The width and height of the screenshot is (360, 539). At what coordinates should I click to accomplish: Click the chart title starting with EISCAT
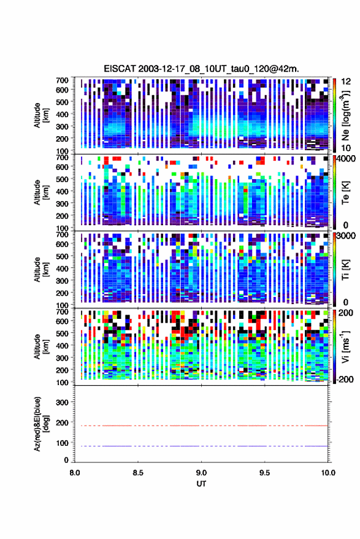click(x=202, y=69)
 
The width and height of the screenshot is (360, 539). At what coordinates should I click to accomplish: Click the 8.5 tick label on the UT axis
click(x=138, y=473)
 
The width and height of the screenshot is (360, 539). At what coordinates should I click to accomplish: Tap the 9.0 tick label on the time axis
click(x=202, y=473)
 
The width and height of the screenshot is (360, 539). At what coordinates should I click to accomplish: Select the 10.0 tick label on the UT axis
click(x=328, y=473)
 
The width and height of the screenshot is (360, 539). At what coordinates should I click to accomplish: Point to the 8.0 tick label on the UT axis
click(x=75, y=473)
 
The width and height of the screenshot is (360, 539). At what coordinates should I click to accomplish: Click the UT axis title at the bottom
click(x=201, y=484)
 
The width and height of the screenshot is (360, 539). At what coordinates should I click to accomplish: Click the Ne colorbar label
click(x=345, y=116)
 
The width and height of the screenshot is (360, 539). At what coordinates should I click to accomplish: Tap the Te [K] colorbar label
click(x=345, y=193)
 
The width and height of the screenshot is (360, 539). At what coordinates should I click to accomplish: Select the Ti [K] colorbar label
click(x=345, y=270)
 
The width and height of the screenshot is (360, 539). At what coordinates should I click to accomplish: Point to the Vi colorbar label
click(x=345, y=346)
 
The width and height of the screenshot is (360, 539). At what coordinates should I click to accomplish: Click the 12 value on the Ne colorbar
click(x=347, y=82)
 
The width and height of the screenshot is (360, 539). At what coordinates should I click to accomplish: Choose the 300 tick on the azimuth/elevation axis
click(x=62, y=402)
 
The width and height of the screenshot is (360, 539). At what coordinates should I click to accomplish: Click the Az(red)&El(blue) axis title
click(x=41, y=424)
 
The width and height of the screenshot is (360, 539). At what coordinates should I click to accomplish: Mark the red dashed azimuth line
click(x=202, y=426)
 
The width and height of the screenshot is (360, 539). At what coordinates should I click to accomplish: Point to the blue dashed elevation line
click(x=202, y=446)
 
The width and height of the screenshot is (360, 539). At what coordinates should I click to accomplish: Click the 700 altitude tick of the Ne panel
click(x=62, y=80)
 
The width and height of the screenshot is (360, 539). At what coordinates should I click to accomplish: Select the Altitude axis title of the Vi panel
click(x=41, y=346)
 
